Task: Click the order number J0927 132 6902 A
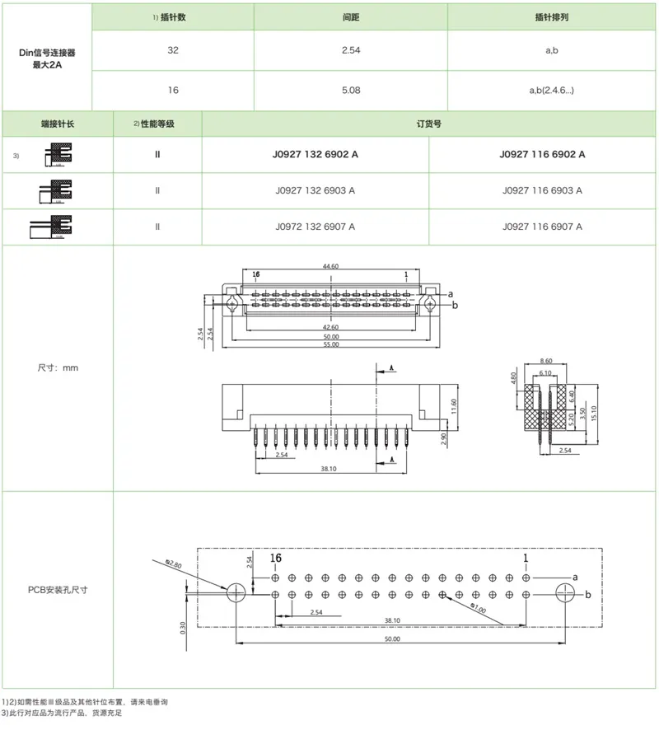coord(315,154)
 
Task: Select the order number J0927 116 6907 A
coord(542,227)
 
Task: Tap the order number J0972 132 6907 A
coord(315,227)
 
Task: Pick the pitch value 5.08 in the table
coord(350,90)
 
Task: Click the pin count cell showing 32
coord(172,50)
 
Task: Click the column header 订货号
coord(429,124)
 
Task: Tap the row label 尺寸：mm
coord(58,367)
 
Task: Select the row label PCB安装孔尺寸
coord(58,590)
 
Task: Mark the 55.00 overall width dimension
coord(330,344)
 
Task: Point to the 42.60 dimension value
coord(330,327)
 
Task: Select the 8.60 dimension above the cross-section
coord(544,362)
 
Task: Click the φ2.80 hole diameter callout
coord(173,564)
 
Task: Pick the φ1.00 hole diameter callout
coord(478,609)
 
